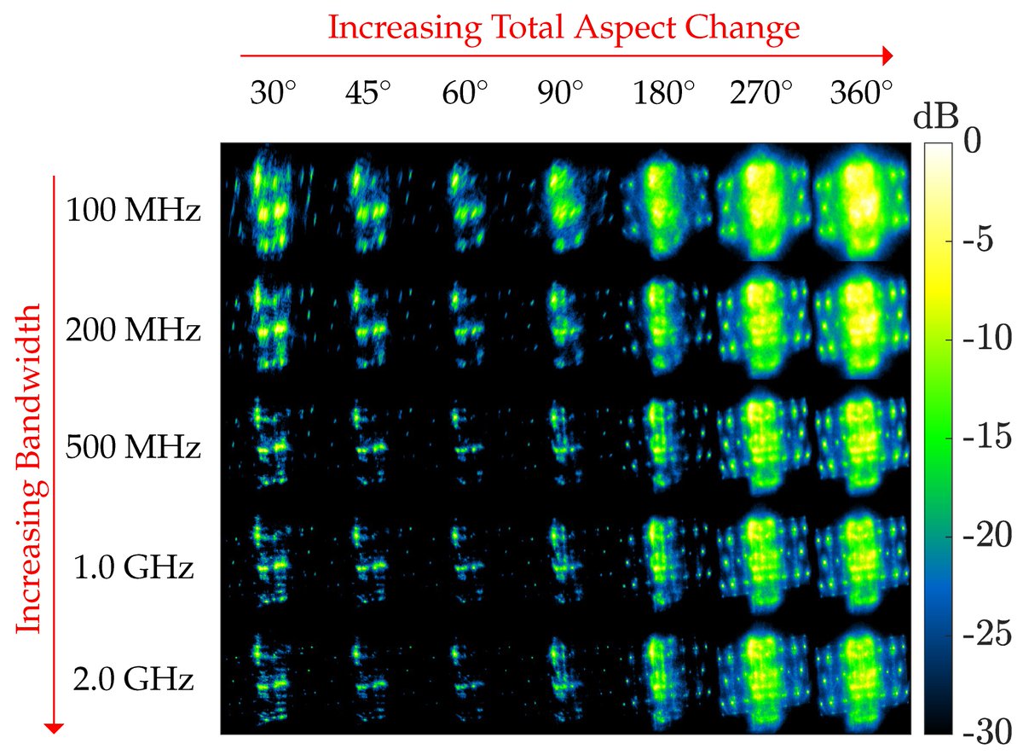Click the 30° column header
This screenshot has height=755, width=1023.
point(274,92)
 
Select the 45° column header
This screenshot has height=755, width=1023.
point(368,92)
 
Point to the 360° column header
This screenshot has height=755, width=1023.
point(862,92)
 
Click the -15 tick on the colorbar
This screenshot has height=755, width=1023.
point(988,438)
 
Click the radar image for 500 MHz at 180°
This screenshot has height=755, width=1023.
point(661,444)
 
